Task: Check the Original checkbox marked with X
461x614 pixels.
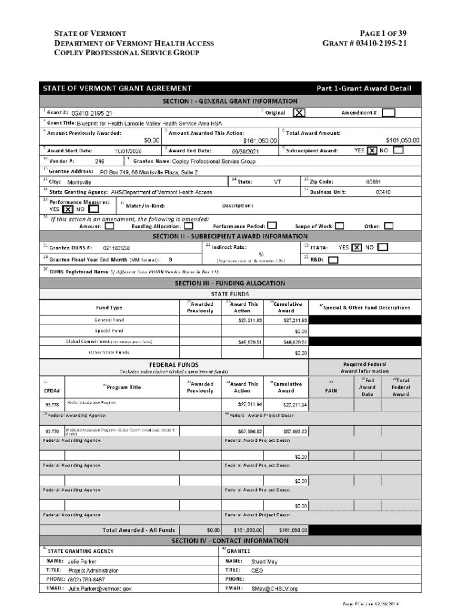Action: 299,113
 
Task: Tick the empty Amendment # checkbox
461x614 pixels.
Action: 388,113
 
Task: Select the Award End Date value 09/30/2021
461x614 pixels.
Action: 247,151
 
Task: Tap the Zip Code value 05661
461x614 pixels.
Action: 374,182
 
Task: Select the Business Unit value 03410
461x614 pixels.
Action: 383,192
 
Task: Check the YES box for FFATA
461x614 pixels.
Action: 357,247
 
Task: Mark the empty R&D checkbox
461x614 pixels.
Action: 333,260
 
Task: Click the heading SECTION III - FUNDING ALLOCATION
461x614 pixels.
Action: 230,283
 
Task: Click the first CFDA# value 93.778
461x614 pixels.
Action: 52,405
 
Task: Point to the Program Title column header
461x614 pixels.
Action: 123,387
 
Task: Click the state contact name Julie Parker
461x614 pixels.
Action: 81,562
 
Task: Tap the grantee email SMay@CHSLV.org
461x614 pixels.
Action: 274,588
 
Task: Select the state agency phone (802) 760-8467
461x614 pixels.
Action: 87,580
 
